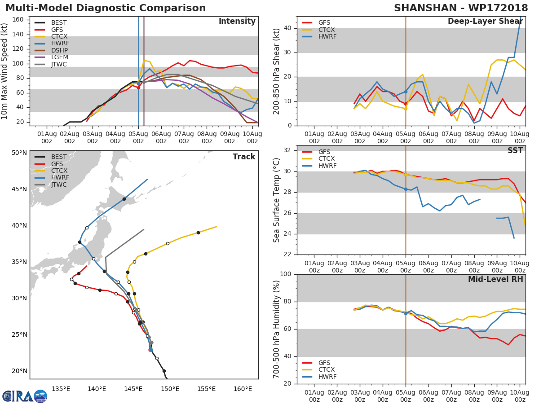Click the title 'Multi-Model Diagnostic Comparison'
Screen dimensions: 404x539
click(106, 8)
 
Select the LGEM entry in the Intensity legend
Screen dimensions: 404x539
click(60, 57)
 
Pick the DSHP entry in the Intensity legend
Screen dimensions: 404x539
click(60, 50)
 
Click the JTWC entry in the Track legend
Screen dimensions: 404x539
click(59, 185)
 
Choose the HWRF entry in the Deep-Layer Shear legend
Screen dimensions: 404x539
click(327, 36)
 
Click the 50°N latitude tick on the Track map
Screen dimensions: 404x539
click(19, 153)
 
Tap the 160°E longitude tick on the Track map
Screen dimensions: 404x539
click(243, 389)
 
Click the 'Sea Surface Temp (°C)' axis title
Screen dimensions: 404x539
click(277, 200)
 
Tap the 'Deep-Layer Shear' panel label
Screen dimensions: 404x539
click(485, 22)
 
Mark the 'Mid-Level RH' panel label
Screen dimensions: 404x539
click(495, 279)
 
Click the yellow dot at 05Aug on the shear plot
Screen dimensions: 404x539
click(406, 109)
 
